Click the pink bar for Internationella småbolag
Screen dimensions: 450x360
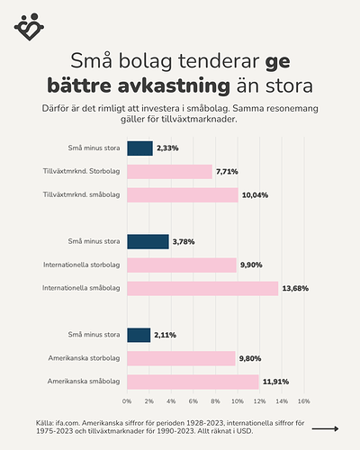202,288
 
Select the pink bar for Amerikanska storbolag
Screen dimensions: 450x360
181,358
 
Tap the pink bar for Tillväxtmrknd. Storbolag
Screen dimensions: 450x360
169,171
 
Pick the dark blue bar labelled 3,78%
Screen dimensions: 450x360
148,241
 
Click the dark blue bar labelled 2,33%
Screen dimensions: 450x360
139,148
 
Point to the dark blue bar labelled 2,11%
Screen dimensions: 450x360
139,335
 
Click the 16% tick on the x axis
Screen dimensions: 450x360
303,400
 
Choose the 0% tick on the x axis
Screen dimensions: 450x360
127,400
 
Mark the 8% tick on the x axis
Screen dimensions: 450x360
215,400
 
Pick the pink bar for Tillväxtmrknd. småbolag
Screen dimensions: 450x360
182,194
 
